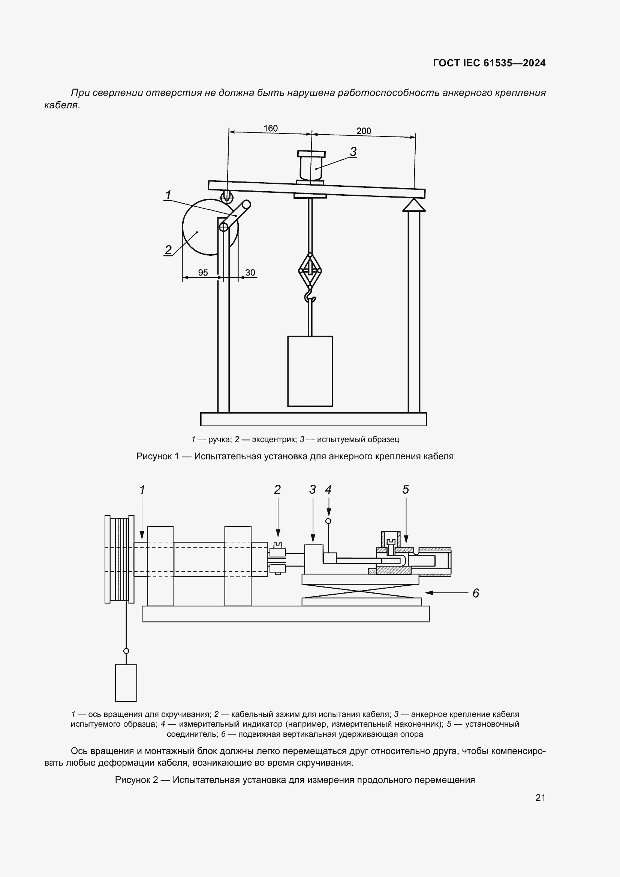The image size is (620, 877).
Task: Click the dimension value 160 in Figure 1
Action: coord(271,128)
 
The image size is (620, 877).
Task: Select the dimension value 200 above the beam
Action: coord(364,131)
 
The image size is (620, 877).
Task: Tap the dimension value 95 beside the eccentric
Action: coord(203,272)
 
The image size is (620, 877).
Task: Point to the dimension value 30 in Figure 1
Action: coord(250,272)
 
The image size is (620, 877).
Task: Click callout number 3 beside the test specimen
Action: coord(353,151)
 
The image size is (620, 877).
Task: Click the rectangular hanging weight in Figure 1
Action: coord(310,371)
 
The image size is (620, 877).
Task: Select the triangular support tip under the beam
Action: coord(414,205)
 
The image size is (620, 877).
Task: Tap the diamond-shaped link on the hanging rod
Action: coord(310,270)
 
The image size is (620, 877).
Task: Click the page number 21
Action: coord(540,798)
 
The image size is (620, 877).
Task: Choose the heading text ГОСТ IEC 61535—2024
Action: coord(490,63)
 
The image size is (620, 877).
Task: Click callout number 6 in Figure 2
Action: coord(476,593)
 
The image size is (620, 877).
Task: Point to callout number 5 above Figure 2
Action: coord(406,489)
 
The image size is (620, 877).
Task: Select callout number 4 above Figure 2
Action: coord(328,489)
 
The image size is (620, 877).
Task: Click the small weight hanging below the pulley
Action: coord(126,683)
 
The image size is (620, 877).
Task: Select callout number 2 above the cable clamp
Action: coord(277,489)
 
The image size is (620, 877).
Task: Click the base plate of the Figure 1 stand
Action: coord(313,419)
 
